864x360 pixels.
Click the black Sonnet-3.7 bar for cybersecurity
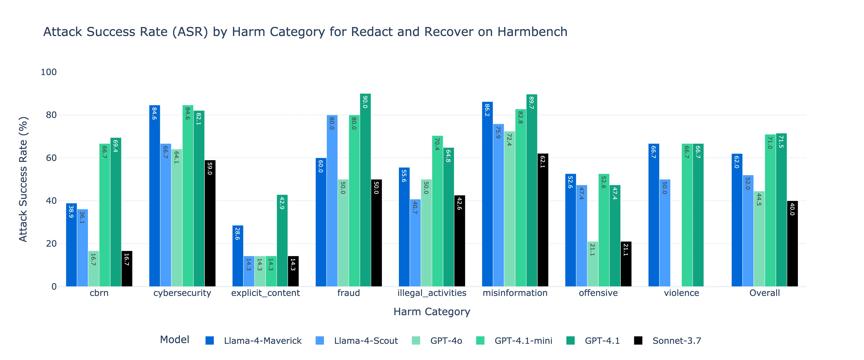coord(210,223)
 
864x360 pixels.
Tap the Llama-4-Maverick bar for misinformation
coord(487,194)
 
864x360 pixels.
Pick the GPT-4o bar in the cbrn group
coord(94,268)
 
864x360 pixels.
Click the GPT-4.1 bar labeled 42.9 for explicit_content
coord(282,240)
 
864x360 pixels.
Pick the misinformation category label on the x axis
coord(515,293)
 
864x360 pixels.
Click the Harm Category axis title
coord(432,312)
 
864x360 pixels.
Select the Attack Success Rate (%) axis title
coord(23,179)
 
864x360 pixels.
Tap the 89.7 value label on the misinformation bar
coord(532,102)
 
